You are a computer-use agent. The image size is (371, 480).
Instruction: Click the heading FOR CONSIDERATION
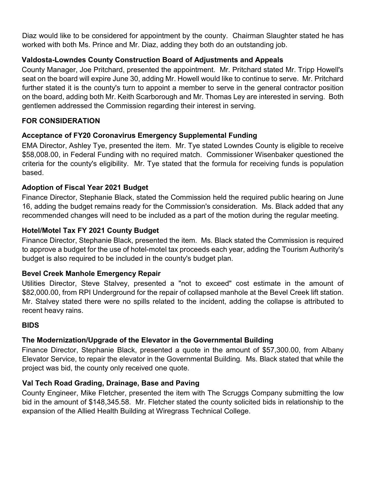61,121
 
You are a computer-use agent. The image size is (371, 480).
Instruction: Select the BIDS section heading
30,325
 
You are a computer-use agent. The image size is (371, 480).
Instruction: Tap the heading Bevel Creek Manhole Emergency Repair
91,273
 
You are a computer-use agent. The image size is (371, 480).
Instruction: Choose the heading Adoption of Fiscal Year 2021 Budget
85,187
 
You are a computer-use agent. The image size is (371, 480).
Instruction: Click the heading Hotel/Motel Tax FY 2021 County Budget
90,230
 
